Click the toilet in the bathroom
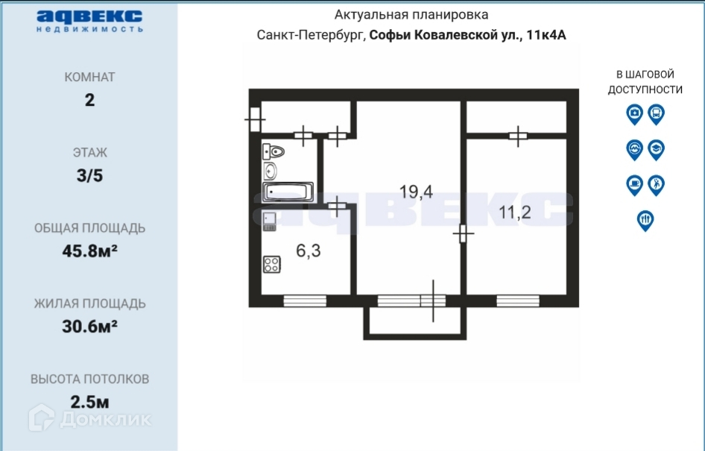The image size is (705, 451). click(x=274, y=152)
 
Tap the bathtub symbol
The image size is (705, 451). click(x=288, y=192)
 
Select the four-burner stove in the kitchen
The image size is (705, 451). click(x=272, y=265)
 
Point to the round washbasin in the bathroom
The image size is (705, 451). click(x=270, y=171)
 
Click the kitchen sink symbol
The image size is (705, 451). click(x=269, y=221)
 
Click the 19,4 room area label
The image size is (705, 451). click(x=416, y=192)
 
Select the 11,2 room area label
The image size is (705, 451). click(x=515, y=212)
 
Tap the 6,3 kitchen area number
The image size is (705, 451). click(x=309, y=250)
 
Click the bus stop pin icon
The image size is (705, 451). click(x=656, y=115)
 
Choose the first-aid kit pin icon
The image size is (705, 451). click(x=634, y=115)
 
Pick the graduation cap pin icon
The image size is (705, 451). click(x=656, y=150)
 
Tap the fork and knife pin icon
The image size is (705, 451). click(x=645, y=221)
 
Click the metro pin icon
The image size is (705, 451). click(x=634, y=150)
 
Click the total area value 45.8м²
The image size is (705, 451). click(x=90, y=251)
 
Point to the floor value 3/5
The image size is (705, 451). click(x=90, y=175)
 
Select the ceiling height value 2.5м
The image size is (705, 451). click(x=90, y=402)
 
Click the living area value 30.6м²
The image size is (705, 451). click(x=90, y=327)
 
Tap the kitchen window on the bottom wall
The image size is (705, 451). click(x=305, y=301)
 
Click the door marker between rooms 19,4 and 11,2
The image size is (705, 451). click(x=463, y=233)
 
